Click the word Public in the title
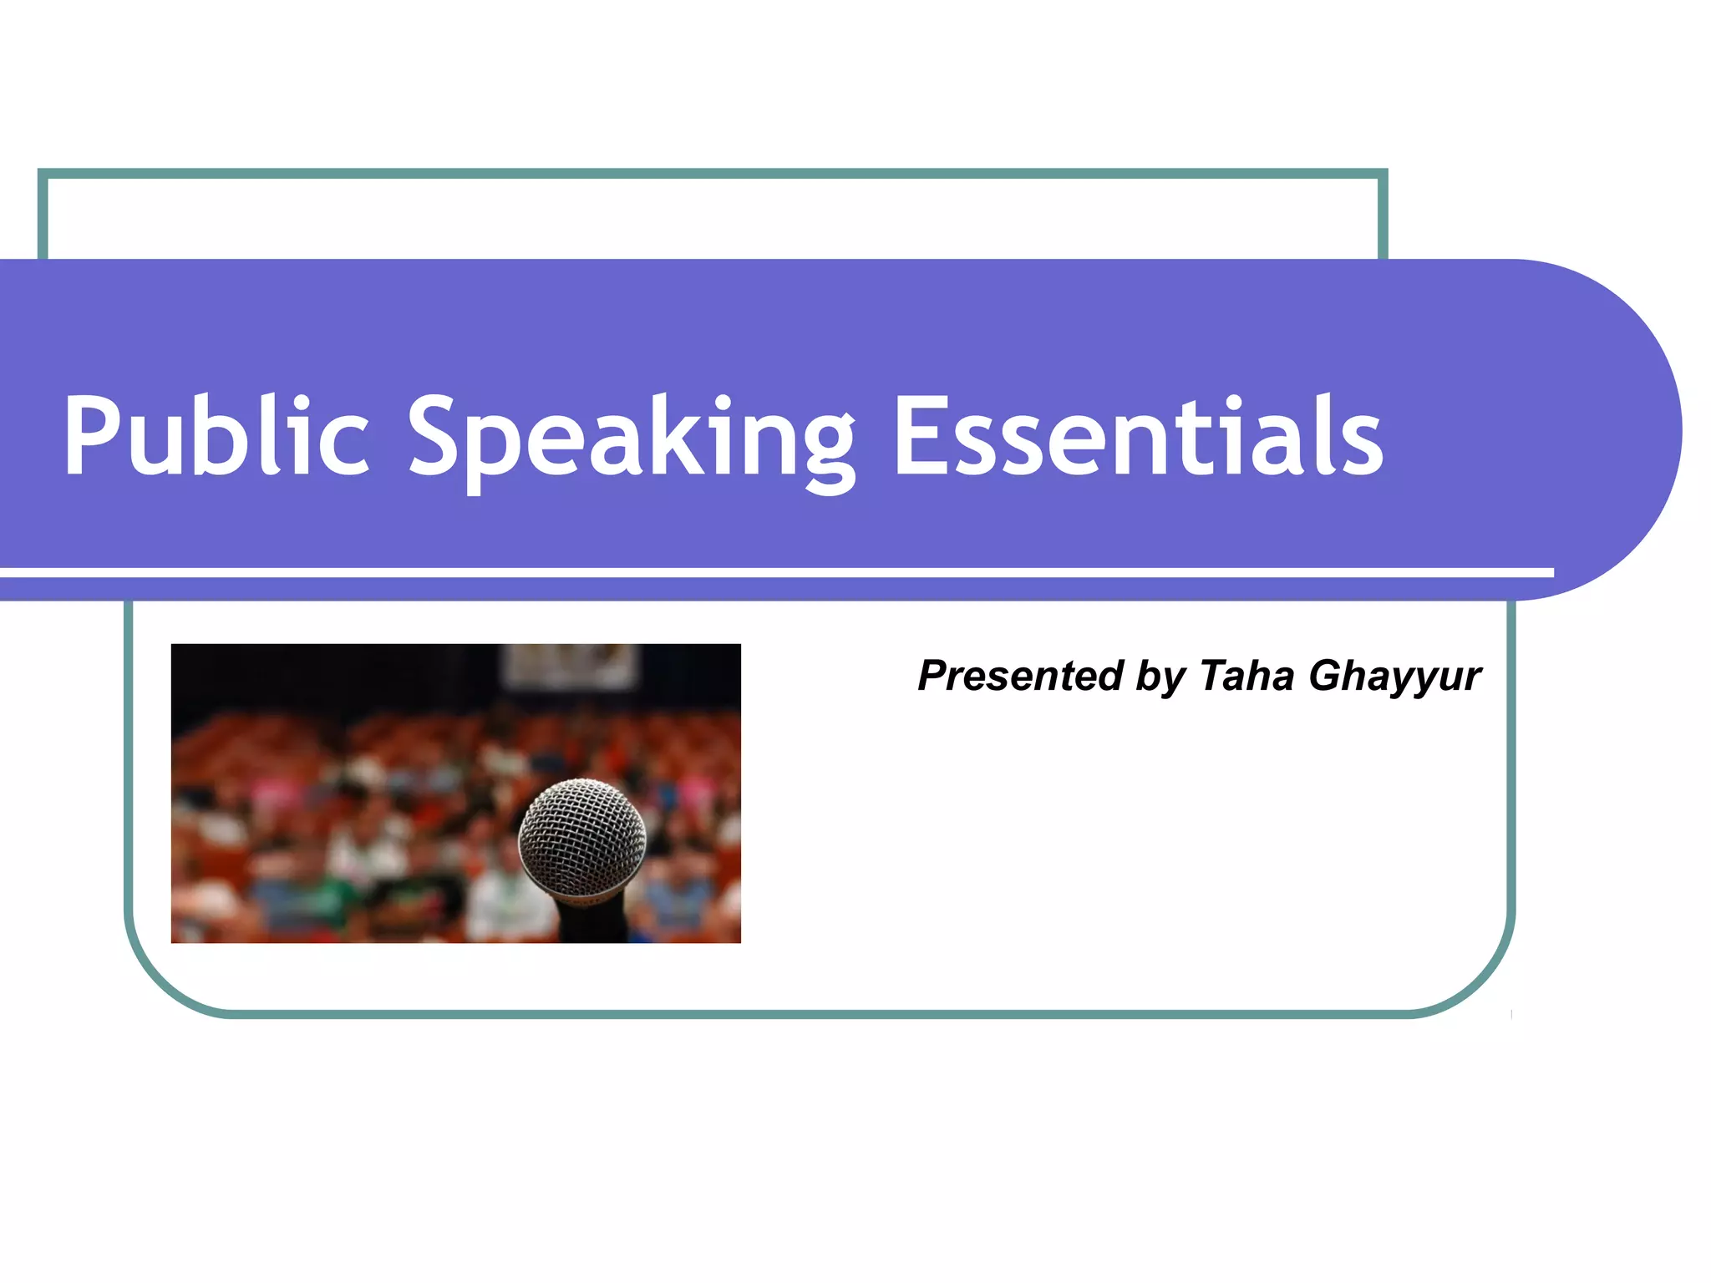coord(216,436)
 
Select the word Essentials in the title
coord(1138,436)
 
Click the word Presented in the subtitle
coord(1020,675)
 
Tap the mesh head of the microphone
coord(582,835)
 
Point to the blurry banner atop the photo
coord(570,666)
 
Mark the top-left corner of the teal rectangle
coord(43,175)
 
